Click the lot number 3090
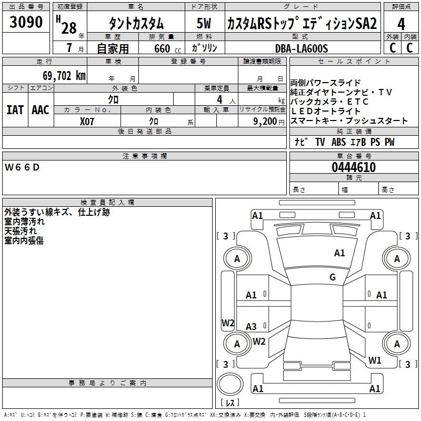coord(26,22)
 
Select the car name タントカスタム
coord(136,24)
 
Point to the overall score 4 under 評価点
coord(401,24)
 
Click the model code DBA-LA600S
coord(301,48)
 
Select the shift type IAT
coord(15,109)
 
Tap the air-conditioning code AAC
coord(40,109)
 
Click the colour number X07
coord(87,121)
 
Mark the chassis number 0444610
coord(353,168)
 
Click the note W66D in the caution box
coord(22,167)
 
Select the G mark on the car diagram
coord(333,277)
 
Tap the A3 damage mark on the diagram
coord(252,326)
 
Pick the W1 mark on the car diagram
coord(375,360)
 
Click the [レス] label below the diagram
coord(229,403)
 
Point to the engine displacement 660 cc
coord(160,49)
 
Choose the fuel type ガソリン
coord(204,48)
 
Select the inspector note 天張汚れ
coord(21,231)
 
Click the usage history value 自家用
coord(113,49)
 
